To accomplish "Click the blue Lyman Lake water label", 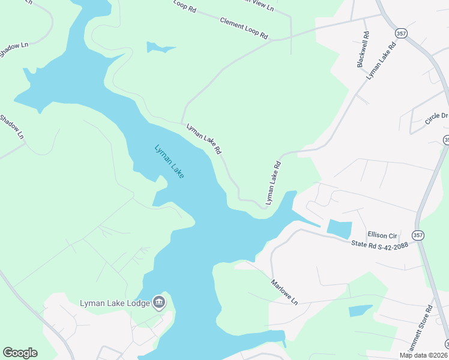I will click(x=169, y=161).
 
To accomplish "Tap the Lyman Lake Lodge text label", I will click(x=115, y=303).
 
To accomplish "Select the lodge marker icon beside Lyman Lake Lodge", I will click(x=159, y=302).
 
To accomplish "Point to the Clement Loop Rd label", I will click(x=244, y=28).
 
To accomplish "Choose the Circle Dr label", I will click(x=436, y=118).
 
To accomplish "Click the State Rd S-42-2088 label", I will click(x=379, y=245).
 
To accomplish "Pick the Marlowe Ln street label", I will click(x=284, y=292).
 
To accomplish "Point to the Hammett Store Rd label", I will click(x=420, y=330).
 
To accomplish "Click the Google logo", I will click(x=20, y=353).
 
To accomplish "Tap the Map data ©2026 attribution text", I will click(x=423, y=355).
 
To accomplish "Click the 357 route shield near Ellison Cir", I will click(x=418, y=235).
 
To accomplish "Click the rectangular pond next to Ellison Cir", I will click(x=339, y=228).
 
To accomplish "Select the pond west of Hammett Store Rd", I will click(x=360, y=310).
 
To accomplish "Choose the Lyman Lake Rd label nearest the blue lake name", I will click(x=204, y=138).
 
